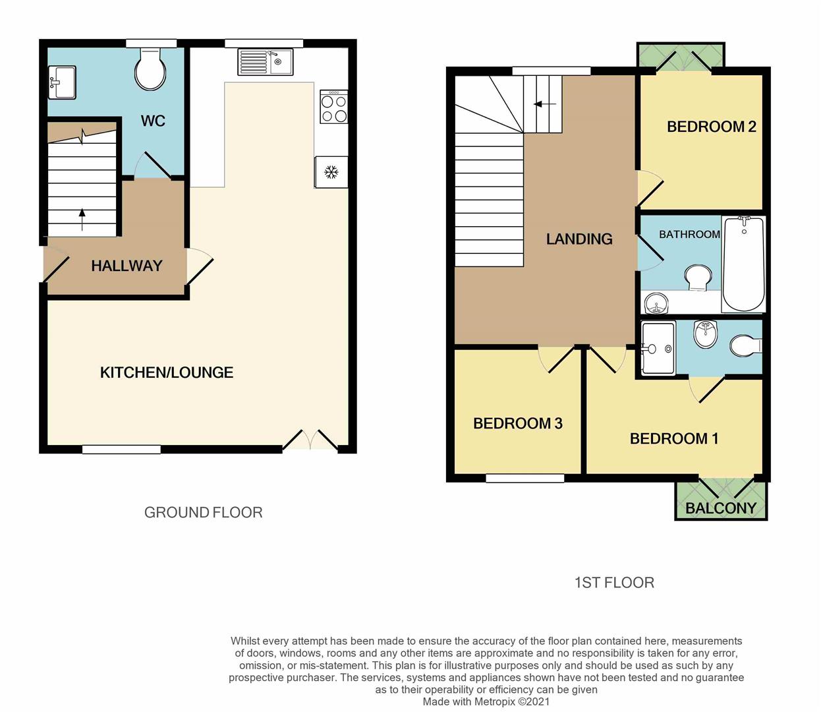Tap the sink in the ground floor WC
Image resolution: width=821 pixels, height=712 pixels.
tap(63, 82)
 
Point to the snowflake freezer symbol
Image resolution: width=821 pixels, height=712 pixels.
tap(331, 173)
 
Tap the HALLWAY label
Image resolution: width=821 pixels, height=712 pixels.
tap(127, 266)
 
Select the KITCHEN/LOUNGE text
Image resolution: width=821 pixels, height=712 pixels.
tap(167, 372)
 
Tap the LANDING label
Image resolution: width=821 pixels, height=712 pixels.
tap(579, 239)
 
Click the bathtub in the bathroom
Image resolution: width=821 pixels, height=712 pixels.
tap(744, 265)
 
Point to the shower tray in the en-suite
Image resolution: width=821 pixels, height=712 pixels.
tap(658, 348)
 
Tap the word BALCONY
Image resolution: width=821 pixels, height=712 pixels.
tap(721, 508)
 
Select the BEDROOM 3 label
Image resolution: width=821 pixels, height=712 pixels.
tap(518, 423)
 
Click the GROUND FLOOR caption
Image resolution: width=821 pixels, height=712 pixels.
tap(203, 512)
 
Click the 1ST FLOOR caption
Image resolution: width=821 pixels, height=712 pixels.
tap(614, 583)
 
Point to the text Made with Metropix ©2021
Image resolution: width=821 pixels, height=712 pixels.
tap(486, 702)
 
